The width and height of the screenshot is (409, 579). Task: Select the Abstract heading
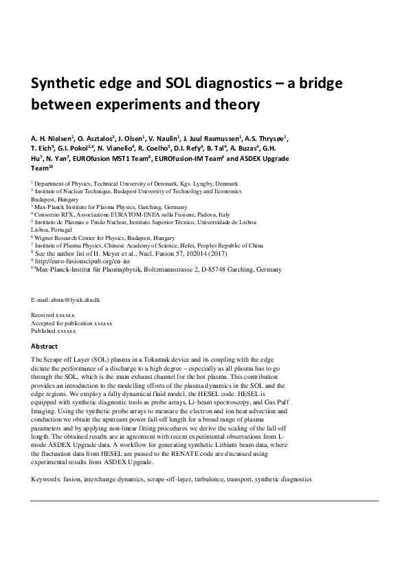[x=45, y=346]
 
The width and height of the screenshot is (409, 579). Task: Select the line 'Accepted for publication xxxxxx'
[x=71, y=323]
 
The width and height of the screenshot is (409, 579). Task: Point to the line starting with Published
[x=53, y=331]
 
